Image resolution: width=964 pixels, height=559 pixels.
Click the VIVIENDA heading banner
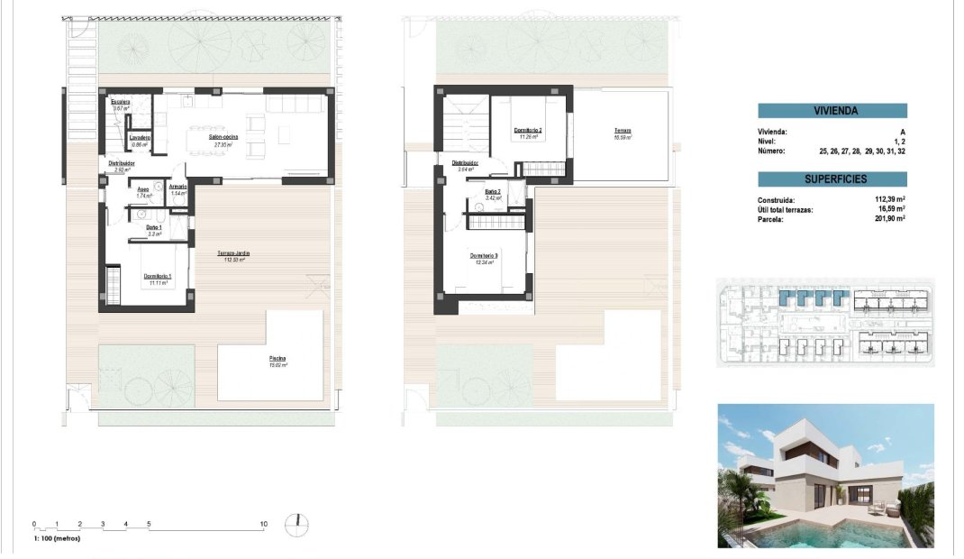[x=832, y=112]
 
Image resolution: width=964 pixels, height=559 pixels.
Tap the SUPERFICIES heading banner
[x=832, y=179]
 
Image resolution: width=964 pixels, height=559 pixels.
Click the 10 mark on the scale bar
[x=264, y=523]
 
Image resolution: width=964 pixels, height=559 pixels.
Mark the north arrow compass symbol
[x=296, y=524]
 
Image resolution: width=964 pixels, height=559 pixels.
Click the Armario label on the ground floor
[x=177, y=188]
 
